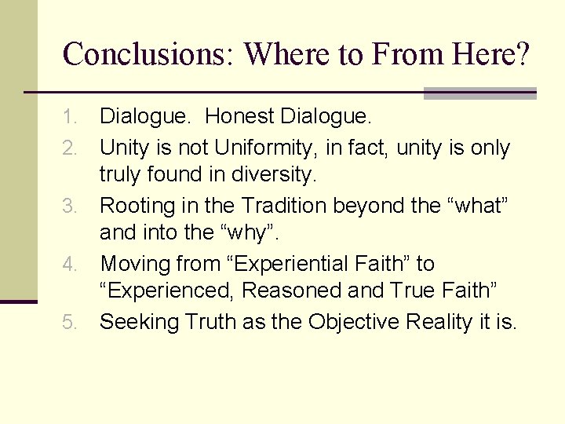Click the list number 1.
point(71,118)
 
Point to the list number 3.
point(71,207)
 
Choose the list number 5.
point(71,323)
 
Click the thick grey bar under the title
point(479,94)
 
